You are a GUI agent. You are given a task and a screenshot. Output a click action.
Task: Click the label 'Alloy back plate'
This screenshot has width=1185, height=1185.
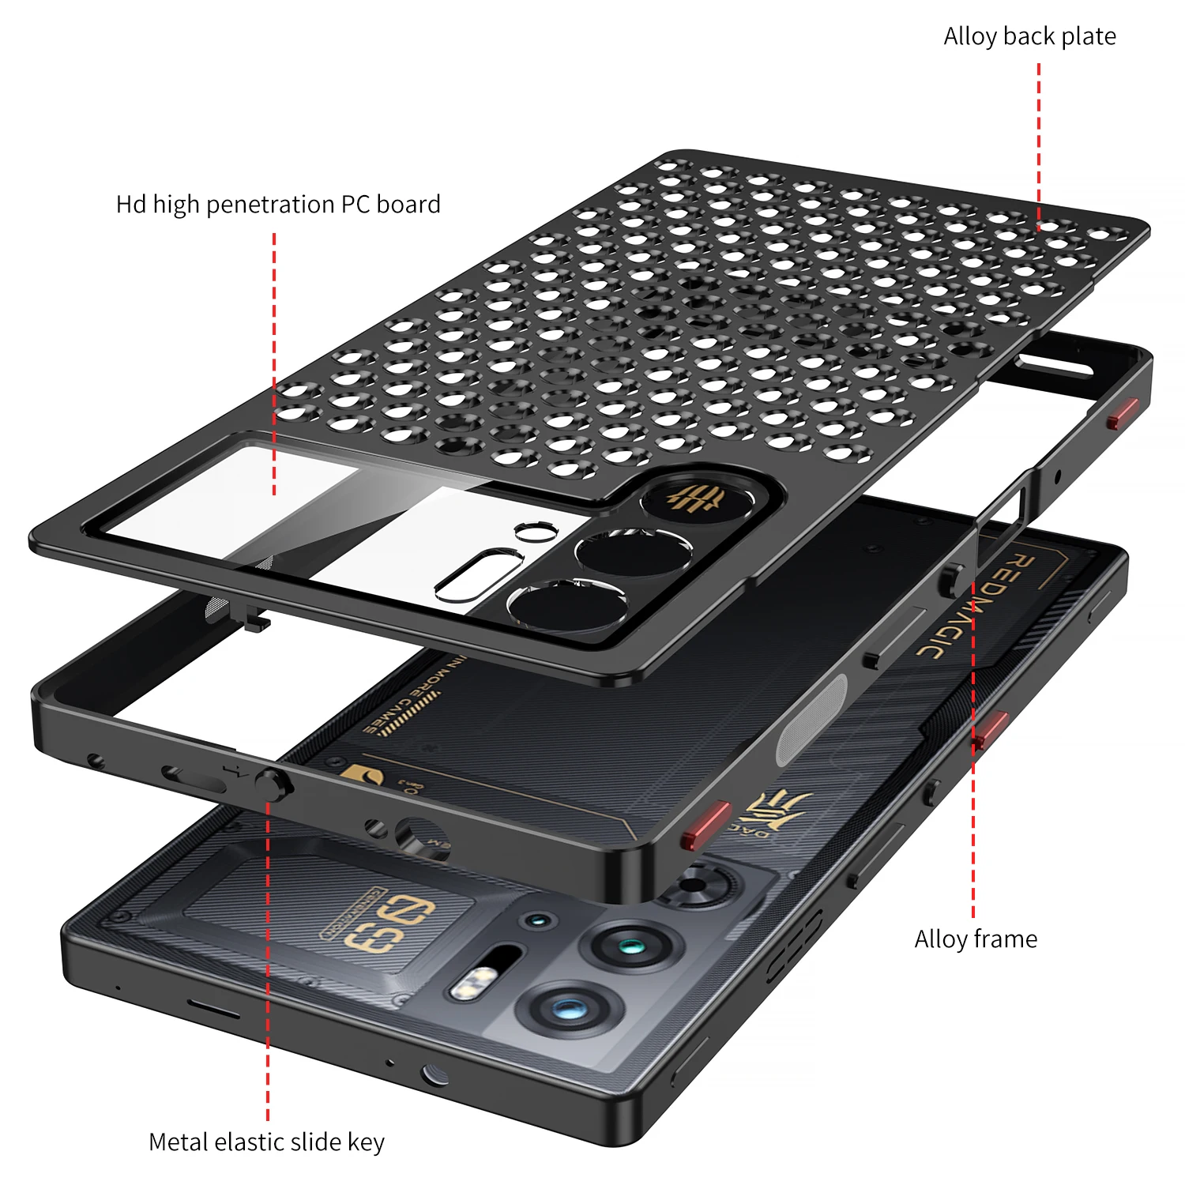(1029, 36)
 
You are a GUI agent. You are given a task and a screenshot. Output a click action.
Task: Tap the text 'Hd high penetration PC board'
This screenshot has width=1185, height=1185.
(278, 205)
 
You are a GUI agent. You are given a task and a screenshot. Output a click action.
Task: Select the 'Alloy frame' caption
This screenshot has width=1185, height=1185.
(976, 939)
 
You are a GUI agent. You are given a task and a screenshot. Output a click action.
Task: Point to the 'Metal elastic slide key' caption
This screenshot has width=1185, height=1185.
(266, 1142)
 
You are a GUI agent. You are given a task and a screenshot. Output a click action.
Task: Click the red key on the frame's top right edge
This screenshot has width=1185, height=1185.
(1123, 413)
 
